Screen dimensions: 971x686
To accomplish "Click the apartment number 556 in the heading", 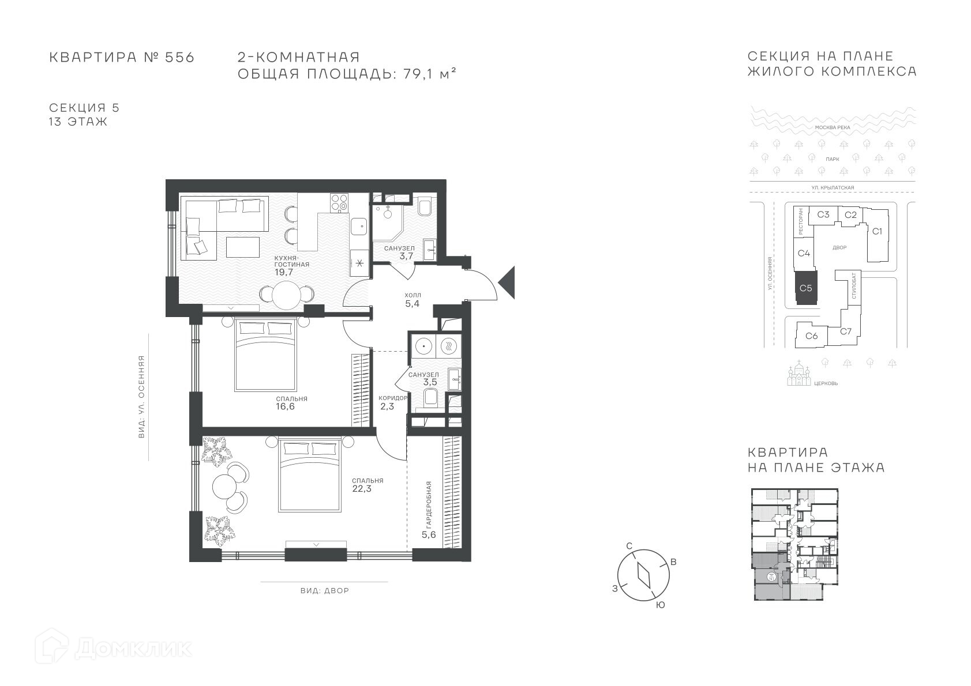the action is click(179, 58).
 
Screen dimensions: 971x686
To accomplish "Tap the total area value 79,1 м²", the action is click(430, 74).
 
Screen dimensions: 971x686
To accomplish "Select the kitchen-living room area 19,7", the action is click(284, 272).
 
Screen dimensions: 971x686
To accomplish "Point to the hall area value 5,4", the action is click(413, 304).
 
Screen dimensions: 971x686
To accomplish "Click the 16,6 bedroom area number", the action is click(285, 406).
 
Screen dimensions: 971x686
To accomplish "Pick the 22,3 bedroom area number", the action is click(362, 489).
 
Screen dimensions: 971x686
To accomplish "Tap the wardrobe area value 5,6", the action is click(429, 534).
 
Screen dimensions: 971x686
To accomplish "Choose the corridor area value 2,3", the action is click(387, 406).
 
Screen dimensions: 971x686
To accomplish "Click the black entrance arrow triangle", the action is click(507, 283).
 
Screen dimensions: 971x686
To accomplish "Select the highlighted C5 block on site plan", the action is click(806, 288).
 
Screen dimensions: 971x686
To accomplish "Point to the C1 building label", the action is click(877, 231).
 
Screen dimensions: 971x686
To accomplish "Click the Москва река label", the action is click(833, 127).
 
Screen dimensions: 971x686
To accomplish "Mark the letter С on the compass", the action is click(629, 545).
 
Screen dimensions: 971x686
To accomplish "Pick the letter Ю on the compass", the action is click(660, 605).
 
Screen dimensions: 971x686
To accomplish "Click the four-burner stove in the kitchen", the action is click(339, 203).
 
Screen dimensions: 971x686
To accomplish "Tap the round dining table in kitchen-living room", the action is click(287, 295).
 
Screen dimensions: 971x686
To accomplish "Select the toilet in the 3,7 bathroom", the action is click(425, 206).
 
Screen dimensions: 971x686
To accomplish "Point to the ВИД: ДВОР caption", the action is click(325, 591).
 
